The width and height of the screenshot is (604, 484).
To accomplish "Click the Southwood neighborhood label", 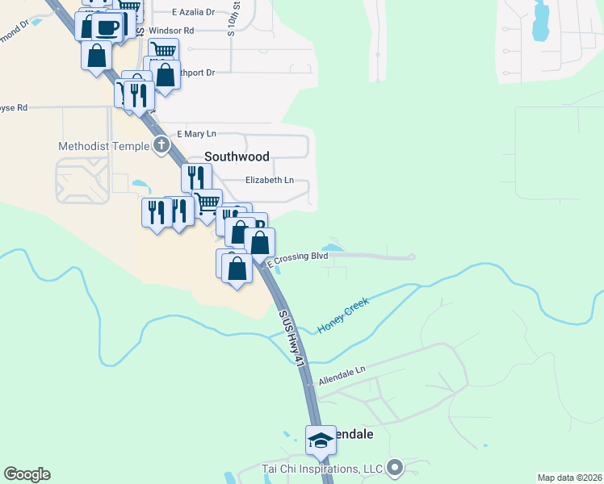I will click(237, 156).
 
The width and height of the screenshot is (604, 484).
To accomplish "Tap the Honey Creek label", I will click(343, 315).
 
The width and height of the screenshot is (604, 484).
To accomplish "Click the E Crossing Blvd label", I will click(297, 257).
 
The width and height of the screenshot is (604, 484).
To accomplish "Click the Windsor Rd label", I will click(171, 31).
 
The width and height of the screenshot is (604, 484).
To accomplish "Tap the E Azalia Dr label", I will click(194, 12).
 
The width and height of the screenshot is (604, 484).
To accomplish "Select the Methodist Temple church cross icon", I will click(161, 146).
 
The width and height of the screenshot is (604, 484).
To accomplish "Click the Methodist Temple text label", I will click(103, 146).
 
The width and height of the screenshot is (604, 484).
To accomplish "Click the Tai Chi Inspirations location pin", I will click(395, 467).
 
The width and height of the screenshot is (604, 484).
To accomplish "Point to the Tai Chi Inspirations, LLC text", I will click(321, 469).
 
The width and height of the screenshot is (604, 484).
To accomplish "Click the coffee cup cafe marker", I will click(107, 27).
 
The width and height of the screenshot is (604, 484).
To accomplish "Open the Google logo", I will click(27, 474).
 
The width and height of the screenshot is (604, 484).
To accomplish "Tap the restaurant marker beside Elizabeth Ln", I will click(197, 177).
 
